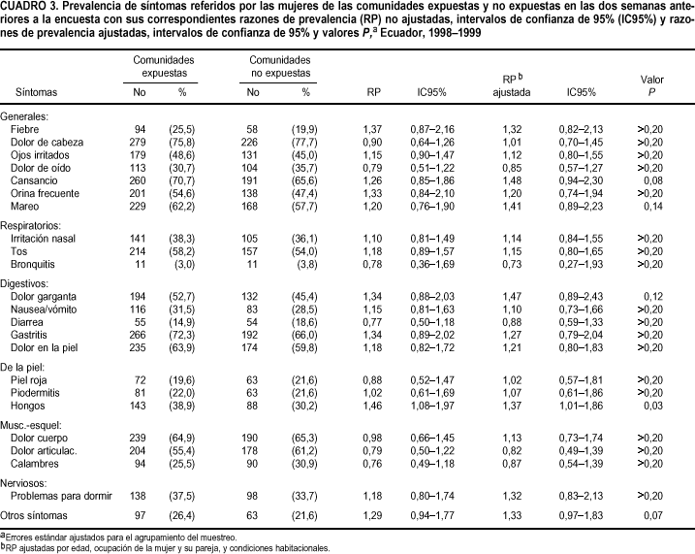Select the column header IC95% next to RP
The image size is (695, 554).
point(430,93)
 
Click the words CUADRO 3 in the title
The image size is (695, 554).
point(31,7)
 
